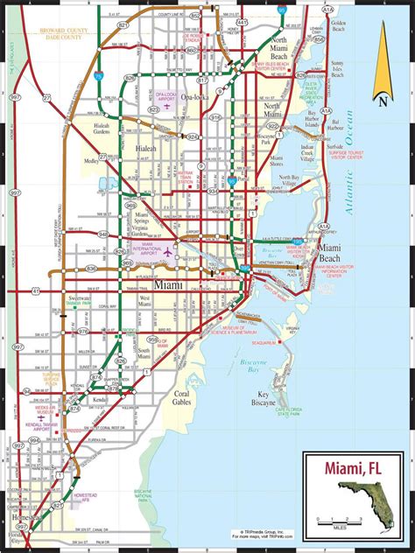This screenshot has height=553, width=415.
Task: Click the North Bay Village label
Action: tap(295, 181)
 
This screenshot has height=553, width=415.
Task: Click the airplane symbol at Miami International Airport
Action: tap(168, 251)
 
